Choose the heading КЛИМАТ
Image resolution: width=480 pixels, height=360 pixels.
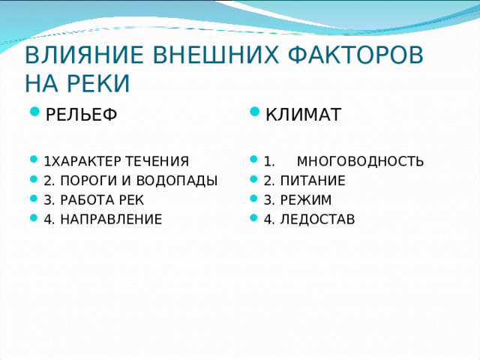click(x=304, y=115)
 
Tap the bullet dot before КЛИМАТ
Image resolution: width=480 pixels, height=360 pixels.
click(x=255, y=115)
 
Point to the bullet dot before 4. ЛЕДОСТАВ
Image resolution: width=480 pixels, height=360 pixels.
click(x=255, y=219)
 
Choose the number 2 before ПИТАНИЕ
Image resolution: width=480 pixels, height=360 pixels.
click(x=267, y=181)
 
